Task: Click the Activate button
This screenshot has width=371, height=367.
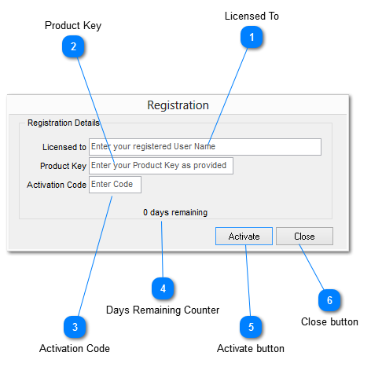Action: coord(244,237)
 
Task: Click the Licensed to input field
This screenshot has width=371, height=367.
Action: coord(204,147)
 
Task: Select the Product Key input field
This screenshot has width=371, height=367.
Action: coord(160,166)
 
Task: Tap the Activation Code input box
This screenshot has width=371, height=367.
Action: coord(115,185)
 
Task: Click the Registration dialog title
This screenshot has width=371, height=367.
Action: coord(178,105)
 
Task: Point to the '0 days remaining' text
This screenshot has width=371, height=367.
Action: coord(175,212)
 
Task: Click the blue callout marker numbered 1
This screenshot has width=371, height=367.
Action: coord(252,37)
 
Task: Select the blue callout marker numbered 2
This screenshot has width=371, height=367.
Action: coord(73,46)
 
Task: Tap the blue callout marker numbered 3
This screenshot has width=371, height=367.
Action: coord(75,327)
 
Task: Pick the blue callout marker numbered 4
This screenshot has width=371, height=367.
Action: coord(163,289)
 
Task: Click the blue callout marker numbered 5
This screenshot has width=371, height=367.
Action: coord(251,327)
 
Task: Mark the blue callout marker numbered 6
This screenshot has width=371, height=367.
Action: coord(329,300)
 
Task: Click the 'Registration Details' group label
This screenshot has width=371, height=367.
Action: coord(63,123)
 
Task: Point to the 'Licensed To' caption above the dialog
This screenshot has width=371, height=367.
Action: coord(252,16)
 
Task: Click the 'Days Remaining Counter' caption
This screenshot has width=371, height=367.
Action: coord(163,310)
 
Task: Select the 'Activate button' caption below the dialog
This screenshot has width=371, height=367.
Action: coord(251,348)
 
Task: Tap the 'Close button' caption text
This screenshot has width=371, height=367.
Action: coord(329,322)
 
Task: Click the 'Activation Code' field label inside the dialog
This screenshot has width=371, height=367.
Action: coord(56,185)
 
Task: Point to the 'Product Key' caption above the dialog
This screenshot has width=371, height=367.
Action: coord(73,25)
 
